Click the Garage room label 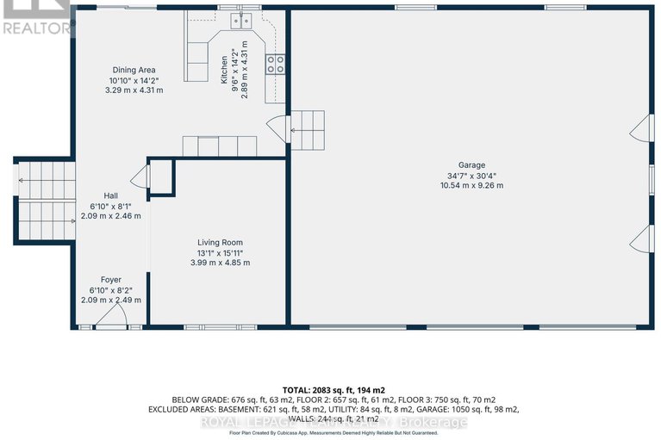coord(471,164)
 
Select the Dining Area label coord(134,70)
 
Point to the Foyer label coord(110,279)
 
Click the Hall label coord(110,195)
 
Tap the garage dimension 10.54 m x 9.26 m coord(471,185)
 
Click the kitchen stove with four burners coord(277,63)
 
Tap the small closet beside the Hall coord(161,178)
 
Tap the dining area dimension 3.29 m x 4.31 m coord(134,90)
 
